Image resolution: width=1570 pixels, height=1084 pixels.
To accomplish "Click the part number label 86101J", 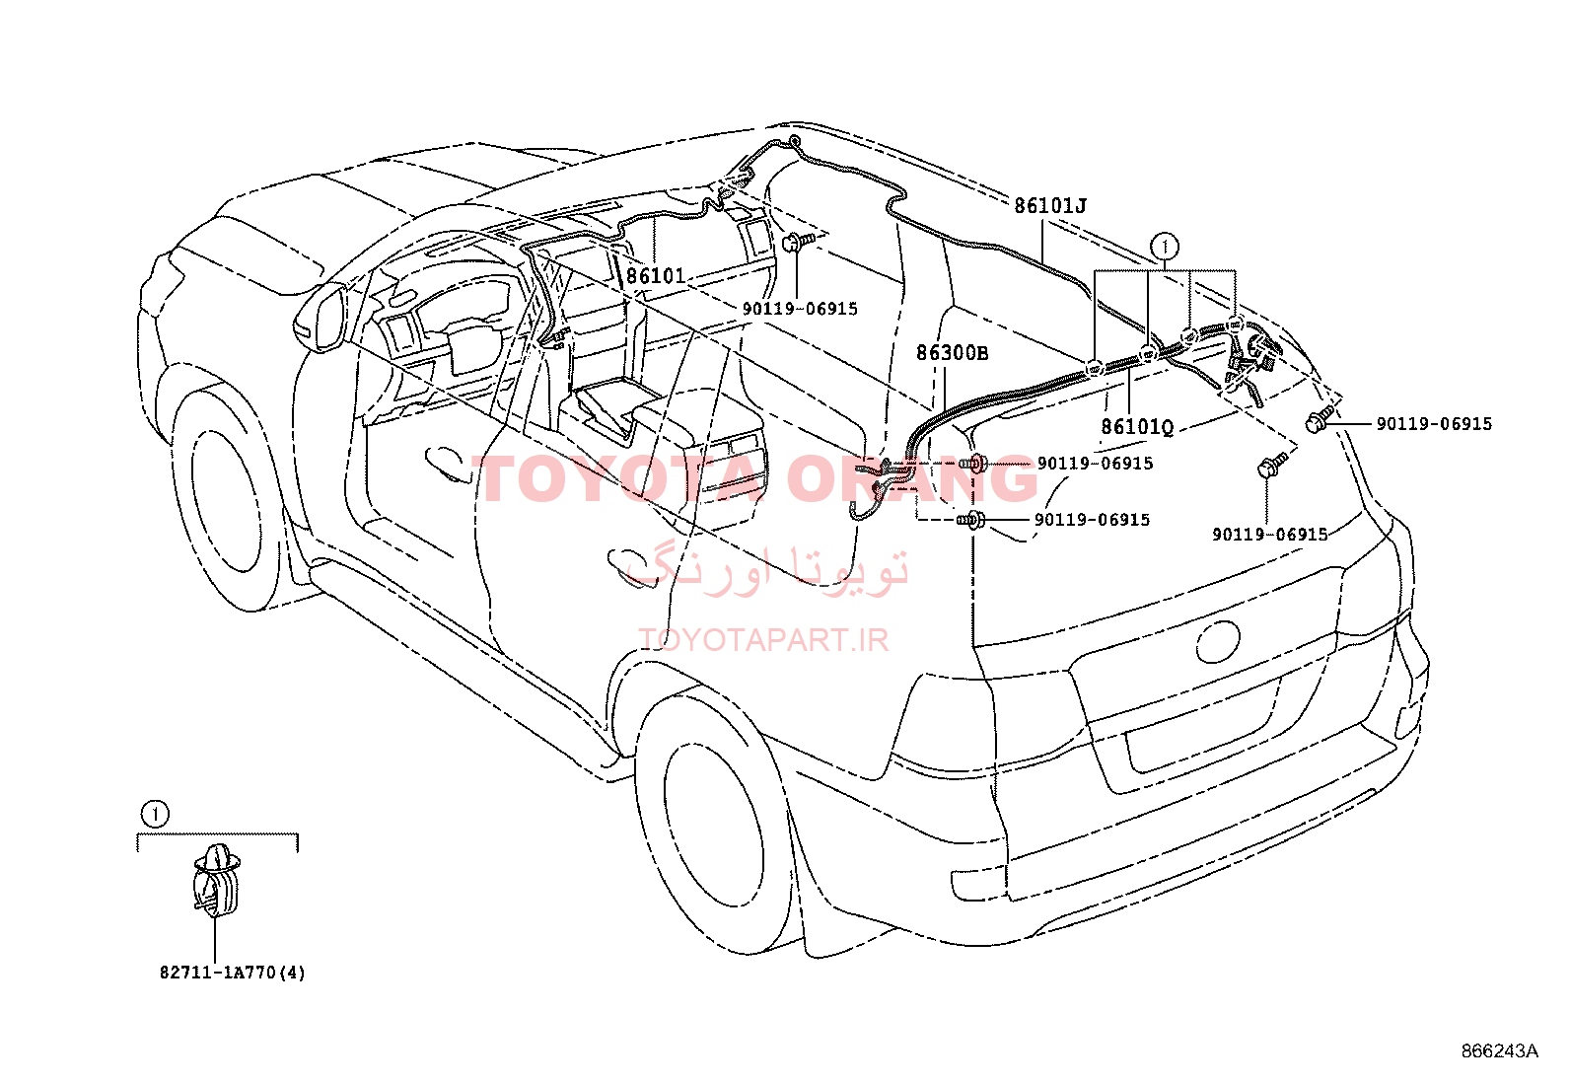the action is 1050,205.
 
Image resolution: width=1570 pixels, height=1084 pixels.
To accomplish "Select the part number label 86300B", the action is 952,353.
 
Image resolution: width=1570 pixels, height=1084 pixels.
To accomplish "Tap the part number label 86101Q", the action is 1137,426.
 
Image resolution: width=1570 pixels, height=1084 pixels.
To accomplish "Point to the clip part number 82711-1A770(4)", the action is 233,973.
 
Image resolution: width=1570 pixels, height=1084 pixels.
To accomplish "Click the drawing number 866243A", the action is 1500,1050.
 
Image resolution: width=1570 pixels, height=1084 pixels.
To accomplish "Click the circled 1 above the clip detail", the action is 155,814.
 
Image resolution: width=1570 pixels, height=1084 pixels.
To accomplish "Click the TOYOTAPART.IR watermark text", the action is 764,640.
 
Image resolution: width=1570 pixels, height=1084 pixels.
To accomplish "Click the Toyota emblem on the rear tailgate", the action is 1218,641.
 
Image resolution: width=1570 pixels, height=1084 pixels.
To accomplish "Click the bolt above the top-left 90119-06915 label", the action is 796,242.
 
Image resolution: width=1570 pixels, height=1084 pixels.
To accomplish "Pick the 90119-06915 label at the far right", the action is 1434,423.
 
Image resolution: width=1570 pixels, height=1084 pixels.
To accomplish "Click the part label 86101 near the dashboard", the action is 656,275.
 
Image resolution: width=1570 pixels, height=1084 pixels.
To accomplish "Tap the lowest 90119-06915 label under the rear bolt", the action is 1270,535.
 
